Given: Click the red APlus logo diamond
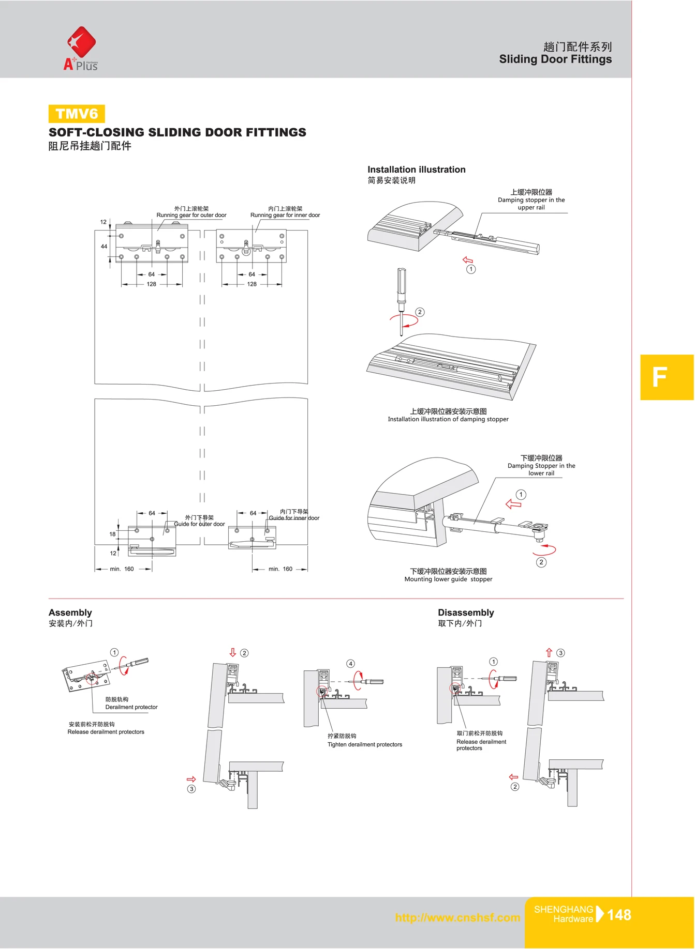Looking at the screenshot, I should (81, 42).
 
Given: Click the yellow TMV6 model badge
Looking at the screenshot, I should (77, 114).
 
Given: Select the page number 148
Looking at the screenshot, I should (618, 915).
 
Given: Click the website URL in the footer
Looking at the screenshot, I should (457, 917).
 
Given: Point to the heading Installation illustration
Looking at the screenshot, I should (416, 170).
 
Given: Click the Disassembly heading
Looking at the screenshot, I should (465, 613).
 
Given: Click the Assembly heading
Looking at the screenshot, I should (70, 613).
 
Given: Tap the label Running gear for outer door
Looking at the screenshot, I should (191, 215).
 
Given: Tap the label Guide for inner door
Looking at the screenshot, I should (293, 518).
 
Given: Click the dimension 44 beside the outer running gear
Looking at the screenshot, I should (104, 247).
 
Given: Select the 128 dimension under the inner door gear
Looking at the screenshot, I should (252, 284).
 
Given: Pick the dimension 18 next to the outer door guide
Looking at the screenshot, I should (112, 534).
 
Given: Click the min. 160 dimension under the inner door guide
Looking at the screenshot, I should (280, 569).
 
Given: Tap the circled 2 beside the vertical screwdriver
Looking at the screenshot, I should (420, 312).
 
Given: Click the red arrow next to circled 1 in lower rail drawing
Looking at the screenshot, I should (513, 504).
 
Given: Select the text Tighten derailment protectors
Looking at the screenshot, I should (364, 744).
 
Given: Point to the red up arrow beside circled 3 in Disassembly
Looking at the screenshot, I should (549, 653).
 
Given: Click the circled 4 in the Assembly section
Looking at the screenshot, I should (350, 664).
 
